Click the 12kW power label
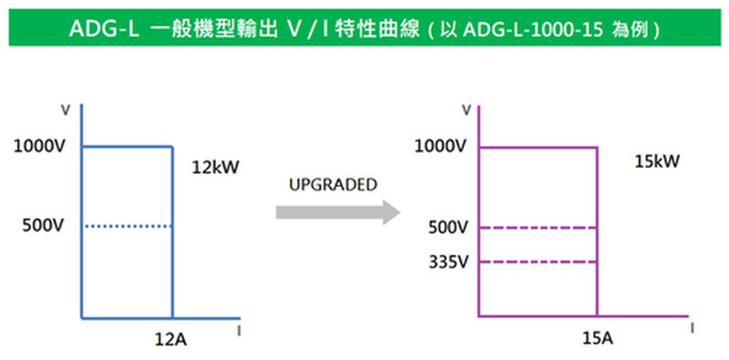pos(215,168)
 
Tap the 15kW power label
pos(657,161)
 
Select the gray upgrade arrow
pos(338,212)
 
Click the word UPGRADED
pos(333,185)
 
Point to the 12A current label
pos(171,340)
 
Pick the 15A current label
pos(597,339)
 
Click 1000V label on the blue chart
pos(39,147)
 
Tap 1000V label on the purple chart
pos(440,147)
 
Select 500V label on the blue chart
pos(43,226)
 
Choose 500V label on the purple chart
pos(448,228)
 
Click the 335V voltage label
pos(448,262)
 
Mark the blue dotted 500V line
pos(129,227)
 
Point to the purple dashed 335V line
pos(538,262)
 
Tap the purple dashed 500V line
pos(538,228)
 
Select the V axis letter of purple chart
pos(467,110)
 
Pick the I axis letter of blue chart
pos(239,331)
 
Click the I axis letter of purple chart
pos(692,328)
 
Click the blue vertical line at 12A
pos(173,232)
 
